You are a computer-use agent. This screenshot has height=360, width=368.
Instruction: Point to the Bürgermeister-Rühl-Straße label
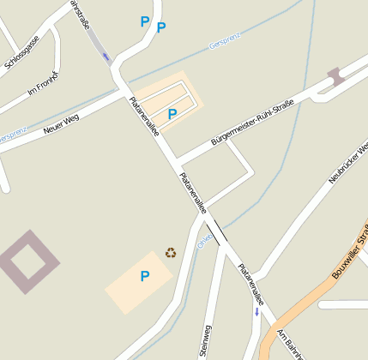(x=252, y=123)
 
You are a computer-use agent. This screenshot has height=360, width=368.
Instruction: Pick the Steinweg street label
(x=206, y=341)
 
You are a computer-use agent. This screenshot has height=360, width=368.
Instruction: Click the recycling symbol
(x=171, y=253)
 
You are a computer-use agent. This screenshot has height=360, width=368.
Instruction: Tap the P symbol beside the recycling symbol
(x=145, y=276)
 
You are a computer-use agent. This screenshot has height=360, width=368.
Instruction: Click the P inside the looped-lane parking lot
(x=172, y=113)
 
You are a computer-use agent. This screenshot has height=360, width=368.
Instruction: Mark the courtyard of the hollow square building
(x=28, y=261)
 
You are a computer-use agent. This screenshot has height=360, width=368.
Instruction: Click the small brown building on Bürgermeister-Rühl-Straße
(x=335, y=75)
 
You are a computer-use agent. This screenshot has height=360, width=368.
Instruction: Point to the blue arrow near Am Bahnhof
(x=256, y=311)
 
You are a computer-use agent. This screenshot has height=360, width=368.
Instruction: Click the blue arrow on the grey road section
(x=106, y=57)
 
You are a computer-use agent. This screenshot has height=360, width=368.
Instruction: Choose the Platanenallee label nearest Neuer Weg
(x=143, y=117)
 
